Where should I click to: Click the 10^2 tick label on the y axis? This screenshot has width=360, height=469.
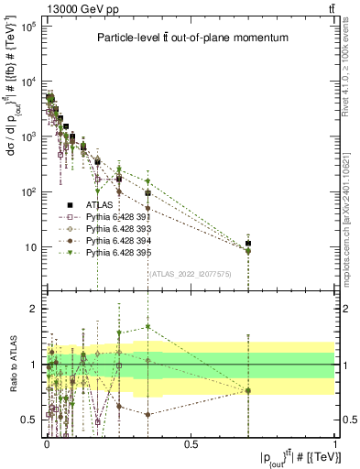tap(27, 192)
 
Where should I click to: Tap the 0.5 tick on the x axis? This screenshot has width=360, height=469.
tap(191, 443)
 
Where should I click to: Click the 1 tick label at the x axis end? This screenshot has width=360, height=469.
tap(334, 443)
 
